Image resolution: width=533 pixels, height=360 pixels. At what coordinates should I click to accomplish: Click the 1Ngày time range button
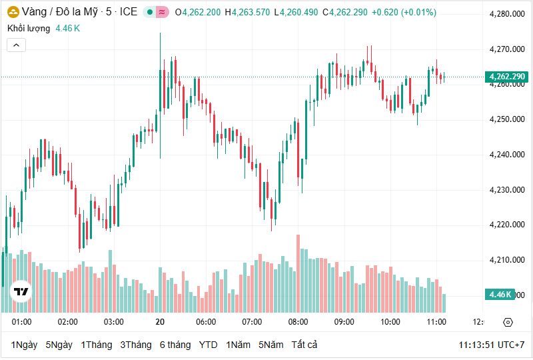24,345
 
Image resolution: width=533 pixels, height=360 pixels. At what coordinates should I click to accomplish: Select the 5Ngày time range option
59,345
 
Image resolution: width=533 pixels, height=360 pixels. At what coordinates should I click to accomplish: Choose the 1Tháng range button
97,345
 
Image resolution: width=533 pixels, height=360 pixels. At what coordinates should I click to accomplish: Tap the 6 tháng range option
175,345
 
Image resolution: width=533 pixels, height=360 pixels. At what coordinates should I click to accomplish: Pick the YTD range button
209,345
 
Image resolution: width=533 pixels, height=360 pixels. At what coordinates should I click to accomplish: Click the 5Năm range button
270,345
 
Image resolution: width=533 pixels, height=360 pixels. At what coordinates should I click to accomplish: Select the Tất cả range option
304,345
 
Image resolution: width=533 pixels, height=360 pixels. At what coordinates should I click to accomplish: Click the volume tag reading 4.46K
500,294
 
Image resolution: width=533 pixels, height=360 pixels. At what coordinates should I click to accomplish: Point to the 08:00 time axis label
298,322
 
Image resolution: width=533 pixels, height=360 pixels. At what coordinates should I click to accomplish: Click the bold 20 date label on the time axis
160,322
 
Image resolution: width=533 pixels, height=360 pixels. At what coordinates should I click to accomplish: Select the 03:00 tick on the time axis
114,322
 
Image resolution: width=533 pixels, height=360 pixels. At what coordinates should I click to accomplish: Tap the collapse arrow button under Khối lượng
16,45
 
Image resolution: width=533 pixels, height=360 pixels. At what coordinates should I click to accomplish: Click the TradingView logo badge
21,291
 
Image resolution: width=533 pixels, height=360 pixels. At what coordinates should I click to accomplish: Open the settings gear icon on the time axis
508,322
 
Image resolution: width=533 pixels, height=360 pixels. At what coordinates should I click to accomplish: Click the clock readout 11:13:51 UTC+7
491,345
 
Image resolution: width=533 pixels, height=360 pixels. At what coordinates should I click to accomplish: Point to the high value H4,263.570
247,12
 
